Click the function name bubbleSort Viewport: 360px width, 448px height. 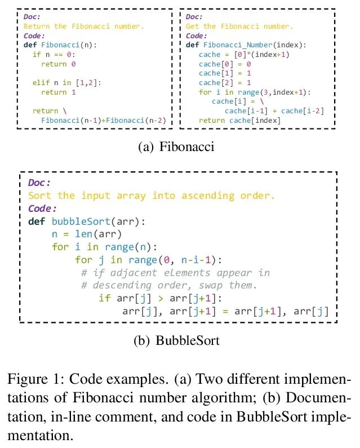click(80, 221)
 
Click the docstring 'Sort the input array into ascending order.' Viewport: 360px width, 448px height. click(151, 196)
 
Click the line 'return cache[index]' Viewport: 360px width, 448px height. click(239, 121)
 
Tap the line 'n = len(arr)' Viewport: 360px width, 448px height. click(86, 234)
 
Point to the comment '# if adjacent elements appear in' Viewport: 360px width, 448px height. click(175, 273)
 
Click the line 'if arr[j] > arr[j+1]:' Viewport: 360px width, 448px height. click(161, 298)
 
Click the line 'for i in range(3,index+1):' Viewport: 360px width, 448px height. click(254, 92)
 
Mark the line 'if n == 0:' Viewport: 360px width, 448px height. click(54, 55)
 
